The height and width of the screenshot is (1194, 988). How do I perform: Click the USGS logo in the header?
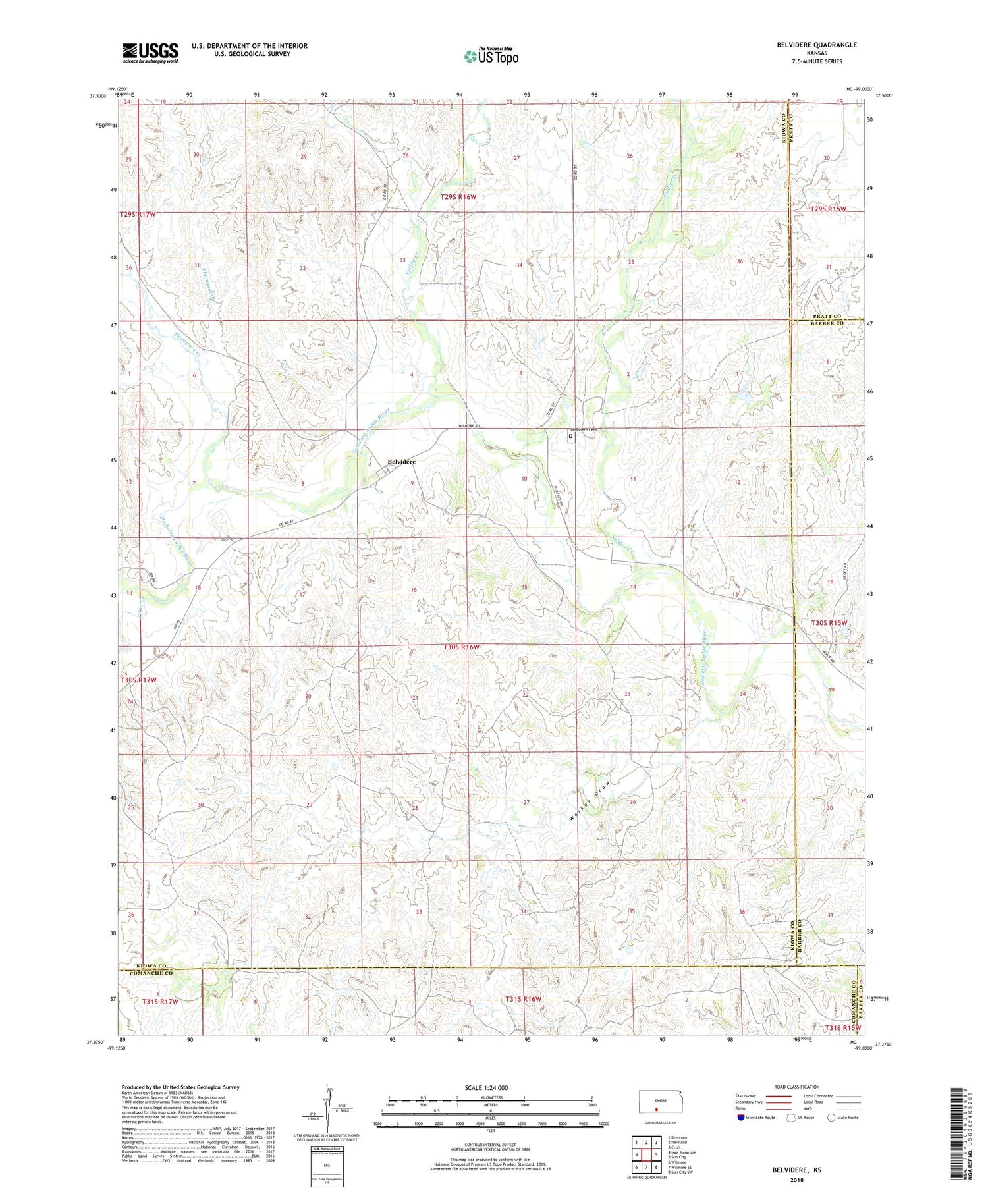(150, 53)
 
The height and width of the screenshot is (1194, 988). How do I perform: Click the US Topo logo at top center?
(491, 56)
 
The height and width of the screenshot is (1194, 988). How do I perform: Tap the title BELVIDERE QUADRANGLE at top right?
(816, 45)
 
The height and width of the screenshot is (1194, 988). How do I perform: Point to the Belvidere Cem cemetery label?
(583, 430)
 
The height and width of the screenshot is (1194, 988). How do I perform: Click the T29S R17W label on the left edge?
(138, 215)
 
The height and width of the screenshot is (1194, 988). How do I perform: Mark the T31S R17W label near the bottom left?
(160, 1002)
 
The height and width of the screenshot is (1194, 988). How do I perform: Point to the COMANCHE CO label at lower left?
(145, 973)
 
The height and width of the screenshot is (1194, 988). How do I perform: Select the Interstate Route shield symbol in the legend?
(740, 1118)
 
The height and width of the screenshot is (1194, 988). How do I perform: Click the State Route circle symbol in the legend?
(831, 1118)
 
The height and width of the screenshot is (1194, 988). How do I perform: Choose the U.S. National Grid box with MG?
(326, 1166)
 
